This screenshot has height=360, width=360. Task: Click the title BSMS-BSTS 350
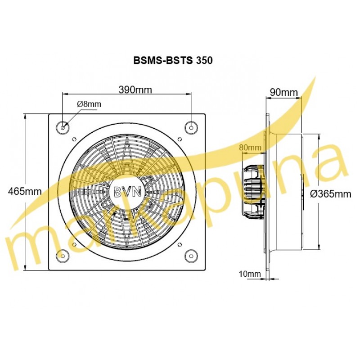[x=173, y=60]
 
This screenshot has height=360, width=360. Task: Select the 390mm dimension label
[x=135, y=90]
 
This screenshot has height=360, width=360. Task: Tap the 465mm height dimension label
[x=25, y=191]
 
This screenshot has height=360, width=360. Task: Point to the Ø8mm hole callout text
[x=89, y=104]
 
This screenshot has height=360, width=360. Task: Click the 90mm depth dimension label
[x=284, y=92]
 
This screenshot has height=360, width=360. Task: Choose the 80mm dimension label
[x=250, y=147]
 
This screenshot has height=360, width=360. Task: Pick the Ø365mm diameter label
[x=331, y=194]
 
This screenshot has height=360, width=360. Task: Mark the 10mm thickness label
[x=250, y=274]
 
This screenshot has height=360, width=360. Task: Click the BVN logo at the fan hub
[x=128, y=191]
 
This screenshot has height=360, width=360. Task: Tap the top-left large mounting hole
[x=63, y=127]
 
